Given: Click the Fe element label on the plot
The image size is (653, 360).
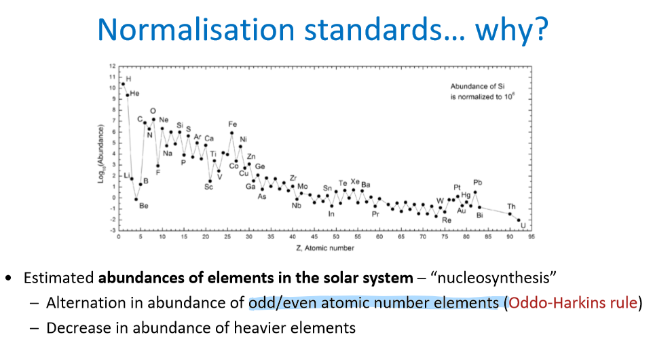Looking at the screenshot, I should pyautogui.click(x=232, y=124).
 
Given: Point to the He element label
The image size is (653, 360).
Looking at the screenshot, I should pyautogui.click(x=134, y=93).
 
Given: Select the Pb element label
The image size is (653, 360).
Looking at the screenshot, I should pyautogui.click(x=478, y=182).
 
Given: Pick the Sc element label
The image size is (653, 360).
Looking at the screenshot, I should pyautogui.click(x=208, y=187).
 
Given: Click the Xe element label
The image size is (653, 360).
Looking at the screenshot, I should pyautogui.click(x=355, y=181).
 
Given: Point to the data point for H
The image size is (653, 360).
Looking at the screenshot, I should pyautogui.click(x=123, y=84).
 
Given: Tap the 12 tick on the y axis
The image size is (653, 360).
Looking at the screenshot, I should pyautogui.click(x=112, y=66).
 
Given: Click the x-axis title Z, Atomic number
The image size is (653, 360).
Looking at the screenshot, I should pyautogui.click(x=326, y=248).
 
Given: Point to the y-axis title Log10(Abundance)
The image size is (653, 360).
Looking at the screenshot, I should pyautogui.click(x=101, y=149).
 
